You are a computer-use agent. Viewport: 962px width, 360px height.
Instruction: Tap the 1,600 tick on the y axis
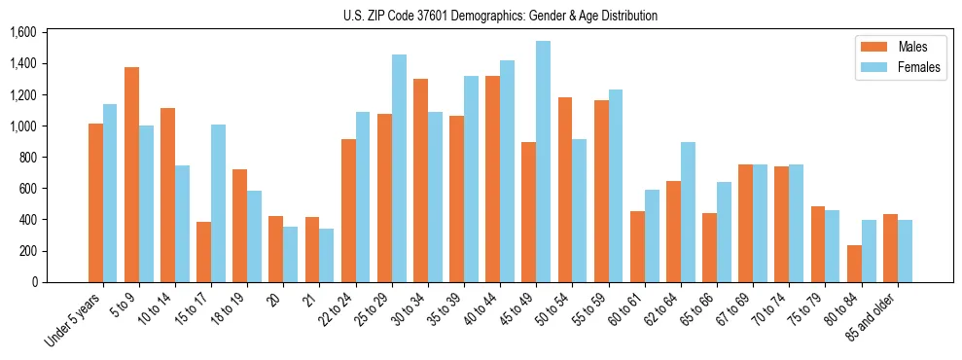22,33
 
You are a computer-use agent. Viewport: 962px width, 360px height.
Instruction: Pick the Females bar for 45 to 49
543,162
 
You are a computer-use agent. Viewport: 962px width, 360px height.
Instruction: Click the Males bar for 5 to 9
131,175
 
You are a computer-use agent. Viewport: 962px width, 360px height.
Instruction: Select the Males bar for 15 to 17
203,252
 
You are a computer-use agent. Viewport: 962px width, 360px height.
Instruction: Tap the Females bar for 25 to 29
399,168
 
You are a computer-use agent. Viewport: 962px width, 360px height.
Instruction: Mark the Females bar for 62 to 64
688,212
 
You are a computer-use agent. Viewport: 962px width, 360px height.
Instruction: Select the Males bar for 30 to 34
420,181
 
